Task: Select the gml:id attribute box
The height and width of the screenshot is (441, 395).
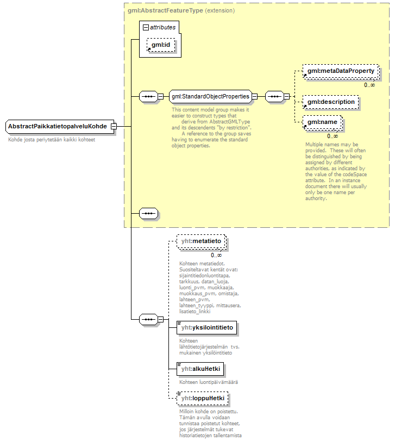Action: [161, 45]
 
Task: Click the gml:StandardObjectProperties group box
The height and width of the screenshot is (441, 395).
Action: [210, 97]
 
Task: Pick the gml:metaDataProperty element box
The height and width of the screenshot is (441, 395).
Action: [340, 71]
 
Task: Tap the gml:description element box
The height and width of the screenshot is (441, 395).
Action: [330, 102]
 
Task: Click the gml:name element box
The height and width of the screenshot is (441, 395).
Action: [322, 122]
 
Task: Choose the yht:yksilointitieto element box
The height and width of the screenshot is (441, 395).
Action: [207, 327]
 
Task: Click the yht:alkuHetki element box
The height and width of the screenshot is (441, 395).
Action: [200, 369]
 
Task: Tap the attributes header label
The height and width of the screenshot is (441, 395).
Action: [162, 27]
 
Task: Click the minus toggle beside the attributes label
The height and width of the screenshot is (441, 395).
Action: [145, 27]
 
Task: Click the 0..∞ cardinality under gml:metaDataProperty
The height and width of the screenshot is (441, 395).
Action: [369, 84]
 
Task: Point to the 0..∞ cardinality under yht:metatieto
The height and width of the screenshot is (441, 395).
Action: [216, 255]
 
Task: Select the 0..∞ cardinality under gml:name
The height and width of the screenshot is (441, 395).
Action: [333, 136]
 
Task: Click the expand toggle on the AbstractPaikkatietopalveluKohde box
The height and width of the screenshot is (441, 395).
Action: [114, 127]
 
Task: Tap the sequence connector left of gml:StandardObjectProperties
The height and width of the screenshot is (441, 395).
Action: [148, 97]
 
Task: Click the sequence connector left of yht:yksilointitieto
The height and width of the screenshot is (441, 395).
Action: [148, 319]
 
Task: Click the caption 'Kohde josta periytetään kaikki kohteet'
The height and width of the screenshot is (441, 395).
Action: [52, 140]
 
